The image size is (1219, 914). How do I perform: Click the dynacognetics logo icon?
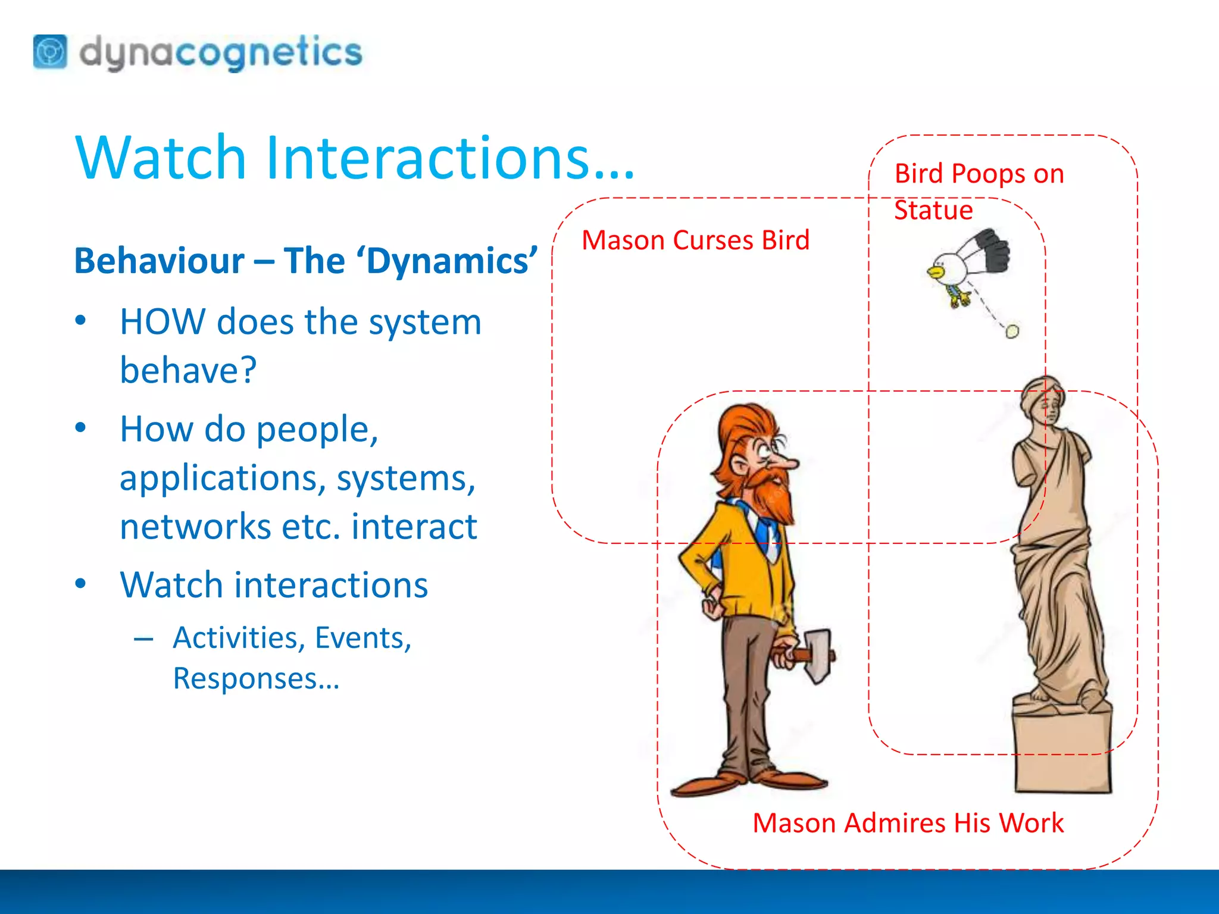coord(50,52)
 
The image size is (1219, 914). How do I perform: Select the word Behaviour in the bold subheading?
coord(159,261)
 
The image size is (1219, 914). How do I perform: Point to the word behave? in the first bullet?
coord(188,370)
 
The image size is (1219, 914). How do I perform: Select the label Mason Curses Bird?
coord(695,240)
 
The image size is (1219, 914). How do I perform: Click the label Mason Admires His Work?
coord(908,824)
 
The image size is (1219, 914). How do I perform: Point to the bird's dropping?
coord(1012,331)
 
